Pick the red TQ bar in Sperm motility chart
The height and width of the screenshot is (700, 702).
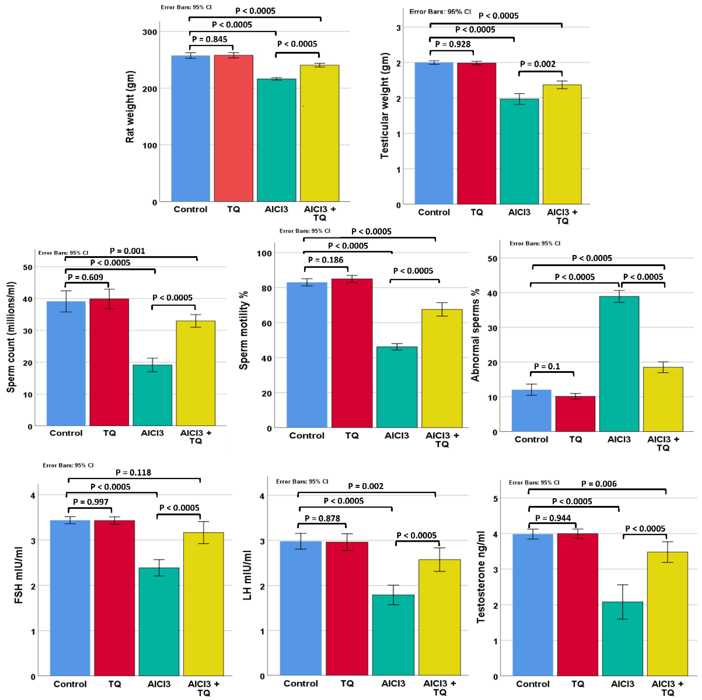click(x=352, y=353)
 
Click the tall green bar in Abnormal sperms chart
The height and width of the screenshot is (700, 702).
click(x=619, y=364)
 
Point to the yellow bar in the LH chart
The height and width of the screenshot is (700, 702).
click(x=440, y=617)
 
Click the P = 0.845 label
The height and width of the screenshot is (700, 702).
click(x=210, y=39)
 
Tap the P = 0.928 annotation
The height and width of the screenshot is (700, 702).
click(x=453, y=44)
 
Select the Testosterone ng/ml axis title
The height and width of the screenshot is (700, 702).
click(x=481, y=577)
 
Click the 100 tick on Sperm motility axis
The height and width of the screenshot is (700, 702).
click(x=264, y=253)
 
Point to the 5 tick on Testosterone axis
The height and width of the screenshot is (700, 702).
click(x=495, y=499)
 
